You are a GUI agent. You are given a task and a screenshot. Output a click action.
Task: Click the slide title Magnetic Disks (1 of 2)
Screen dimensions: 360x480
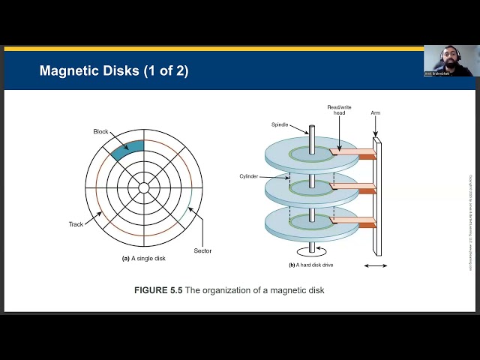point(113,71)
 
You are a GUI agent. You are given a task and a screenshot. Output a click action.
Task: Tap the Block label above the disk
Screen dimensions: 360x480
point(100,131)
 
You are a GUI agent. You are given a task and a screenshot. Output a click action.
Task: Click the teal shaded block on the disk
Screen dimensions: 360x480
point(126,150)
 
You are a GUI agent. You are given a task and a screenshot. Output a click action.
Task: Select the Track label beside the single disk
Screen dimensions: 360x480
point(76,224)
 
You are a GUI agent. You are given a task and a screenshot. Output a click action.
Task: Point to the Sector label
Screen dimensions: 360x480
point(202,250)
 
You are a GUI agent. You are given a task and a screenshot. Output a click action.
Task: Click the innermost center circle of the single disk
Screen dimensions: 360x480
point(143,187)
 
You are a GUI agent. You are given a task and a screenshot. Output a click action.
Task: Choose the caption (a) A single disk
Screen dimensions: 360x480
point(143,259)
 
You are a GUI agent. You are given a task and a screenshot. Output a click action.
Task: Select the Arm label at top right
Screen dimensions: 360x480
point(376,112)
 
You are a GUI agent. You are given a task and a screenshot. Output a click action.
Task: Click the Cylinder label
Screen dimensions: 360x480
point(249,175)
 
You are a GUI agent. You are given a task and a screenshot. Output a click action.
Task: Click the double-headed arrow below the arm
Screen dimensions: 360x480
point(376,265)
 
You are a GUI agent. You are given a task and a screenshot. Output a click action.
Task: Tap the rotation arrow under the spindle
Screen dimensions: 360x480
point(311,250)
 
